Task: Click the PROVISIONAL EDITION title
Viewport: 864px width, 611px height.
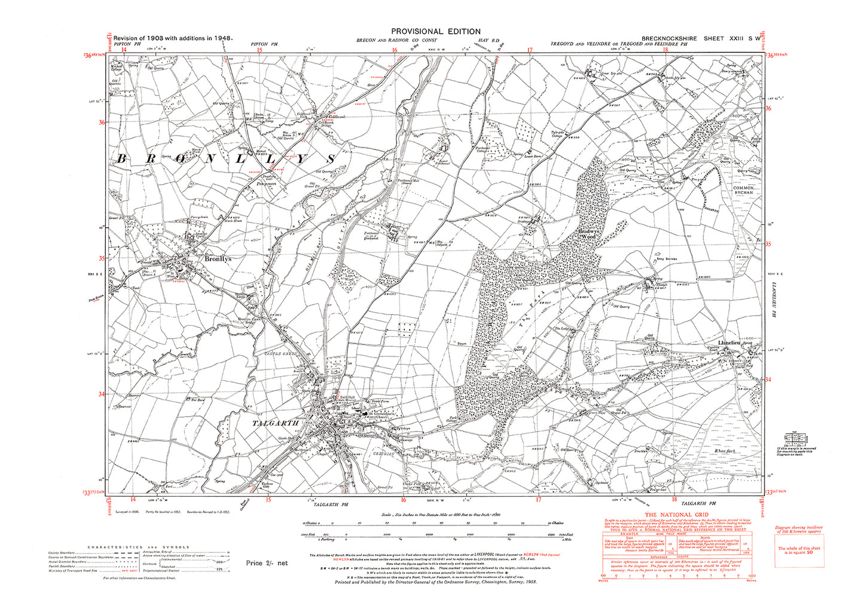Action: pyautogui.click(x=435, y=32)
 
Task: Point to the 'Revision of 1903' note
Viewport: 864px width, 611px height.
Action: pyautogui.click(x=173, y=38)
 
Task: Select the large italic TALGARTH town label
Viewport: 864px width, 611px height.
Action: pyautogui.click(x=276, y=423)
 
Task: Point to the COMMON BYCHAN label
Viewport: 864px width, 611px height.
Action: pyautogui.click(x=743, y=191)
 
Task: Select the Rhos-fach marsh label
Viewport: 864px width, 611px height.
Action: pyautogui.click(x=724, y=451)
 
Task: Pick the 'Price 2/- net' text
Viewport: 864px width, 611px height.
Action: pyautogui.click(x=267, y=563)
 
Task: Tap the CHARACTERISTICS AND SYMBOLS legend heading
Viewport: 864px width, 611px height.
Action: pyautogui.click(x=139, y=547)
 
